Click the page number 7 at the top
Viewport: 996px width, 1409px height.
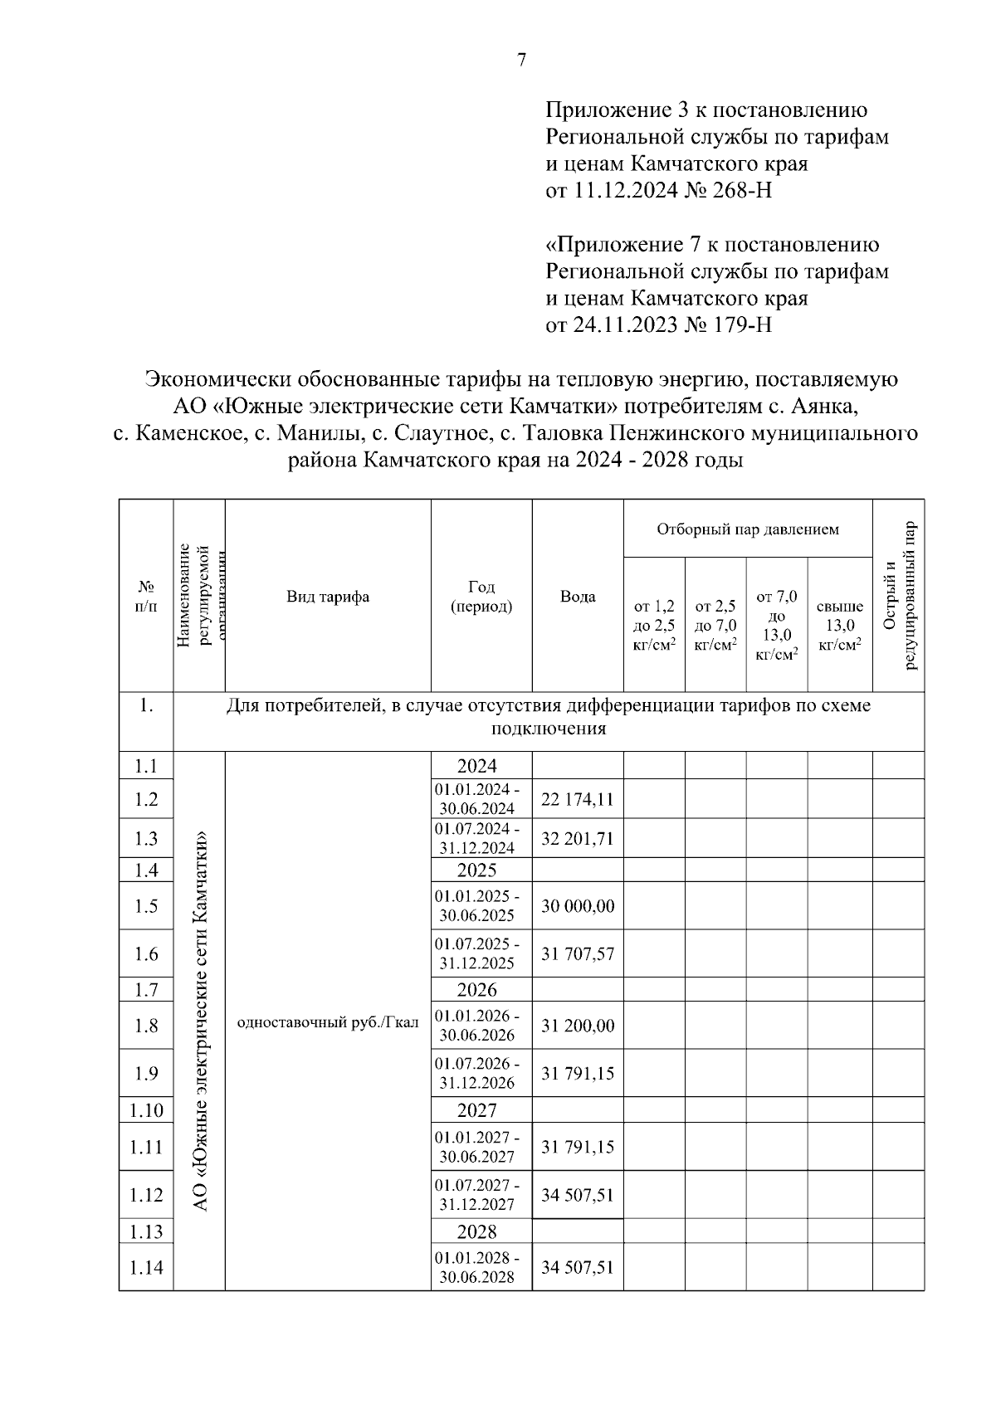pyautogui.click(x=521, y=60)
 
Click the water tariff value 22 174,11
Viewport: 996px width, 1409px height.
pyautogui.click(x=578, y=799)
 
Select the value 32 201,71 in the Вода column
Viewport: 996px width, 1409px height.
pyautogui.click(x=578, y=839)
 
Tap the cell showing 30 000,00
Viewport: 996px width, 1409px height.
pyautogui.click(x=578, y=906)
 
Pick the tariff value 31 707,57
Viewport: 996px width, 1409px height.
pyautogui.click(x=578, y=954)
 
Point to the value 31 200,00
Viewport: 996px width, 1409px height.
pyautogui.click(x=578, y=1026)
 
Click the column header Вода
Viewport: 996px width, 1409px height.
pyautogui.click(x=578, y=597)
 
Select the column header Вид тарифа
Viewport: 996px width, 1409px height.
pyautogui.click(x=328, y=597)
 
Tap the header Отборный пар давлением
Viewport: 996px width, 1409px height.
pyautogui.click(x=748, y=529)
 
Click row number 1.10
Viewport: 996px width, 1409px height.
pyautogui.click(x=146, y=1110)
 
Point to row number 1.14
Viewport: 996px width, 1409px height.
pyautogui.click(x=146, y=1267)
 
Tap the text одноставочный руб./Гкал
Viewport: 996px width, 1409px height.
pyautogui.click(x=328, y=1022)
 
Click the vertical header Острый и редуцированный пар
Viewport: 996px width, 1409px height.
pyautogui.click(x=899, y=596)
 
